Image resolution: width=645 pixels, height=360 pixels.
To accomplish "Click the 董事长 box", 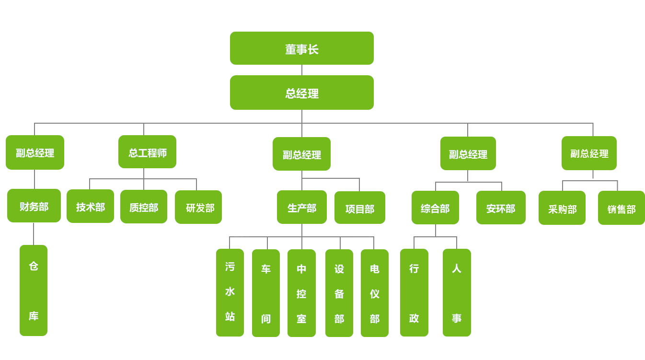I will [x=301, y=48].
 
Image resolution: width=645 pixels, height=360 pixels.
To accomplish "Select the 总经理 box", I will [x=301, y=93].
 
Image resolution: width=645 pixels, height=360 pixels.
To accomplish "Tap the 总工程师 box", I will [x=147, y=152].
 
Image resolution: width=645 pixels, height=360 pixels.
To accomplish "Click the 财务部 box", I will [x=34, y=206].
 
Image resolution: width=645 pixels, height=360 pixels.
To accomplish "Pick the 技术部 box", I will [x=90, y=206].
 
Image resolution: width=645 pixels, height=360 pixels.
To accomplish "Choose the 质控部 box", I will [x=144, y=207].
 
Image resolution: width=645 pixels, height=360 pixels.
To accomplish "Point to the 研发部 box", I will [x=198, y=207].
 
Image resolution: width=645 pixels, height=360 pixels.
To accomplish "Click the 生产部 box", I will [x=302, y=207].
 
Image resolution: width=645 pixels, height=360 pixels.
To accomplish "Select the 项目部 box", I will [x=360, y=208].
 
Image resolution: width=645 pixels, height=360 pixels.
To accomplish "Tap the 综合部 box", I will [x=435, y=208].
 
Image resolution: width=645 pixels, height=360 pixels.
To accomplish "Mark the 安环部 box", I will [x=501, y=208].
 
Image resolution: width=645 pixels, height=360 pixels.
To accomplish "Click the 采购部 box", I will [x=562, y=208].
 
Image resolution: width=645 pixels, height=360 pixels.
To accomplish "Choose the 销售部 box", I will [x=622, y=208].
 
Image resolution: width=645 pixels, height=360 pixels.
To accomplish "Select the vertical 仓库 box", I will [x=34, y=290].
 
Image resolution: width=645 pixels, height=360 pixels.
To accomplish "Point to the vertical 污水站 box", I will [x=230, y=292].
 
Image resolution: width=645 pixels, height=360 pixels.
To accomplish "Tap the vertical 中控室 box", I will [x=301, y=293].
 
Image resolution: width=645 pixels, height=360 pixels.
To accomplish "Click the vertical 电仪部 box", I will [x=375, y=293].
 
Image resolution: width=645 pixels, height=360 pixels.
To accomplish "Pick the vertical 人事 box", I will [x=457, y=292].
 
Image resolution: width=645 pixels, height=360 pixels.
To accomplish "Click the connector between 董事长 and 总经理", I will [x=302, y=70].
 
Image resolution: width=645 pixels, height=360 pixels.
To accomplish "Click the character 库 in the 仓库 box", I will [x=34, y=316].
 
